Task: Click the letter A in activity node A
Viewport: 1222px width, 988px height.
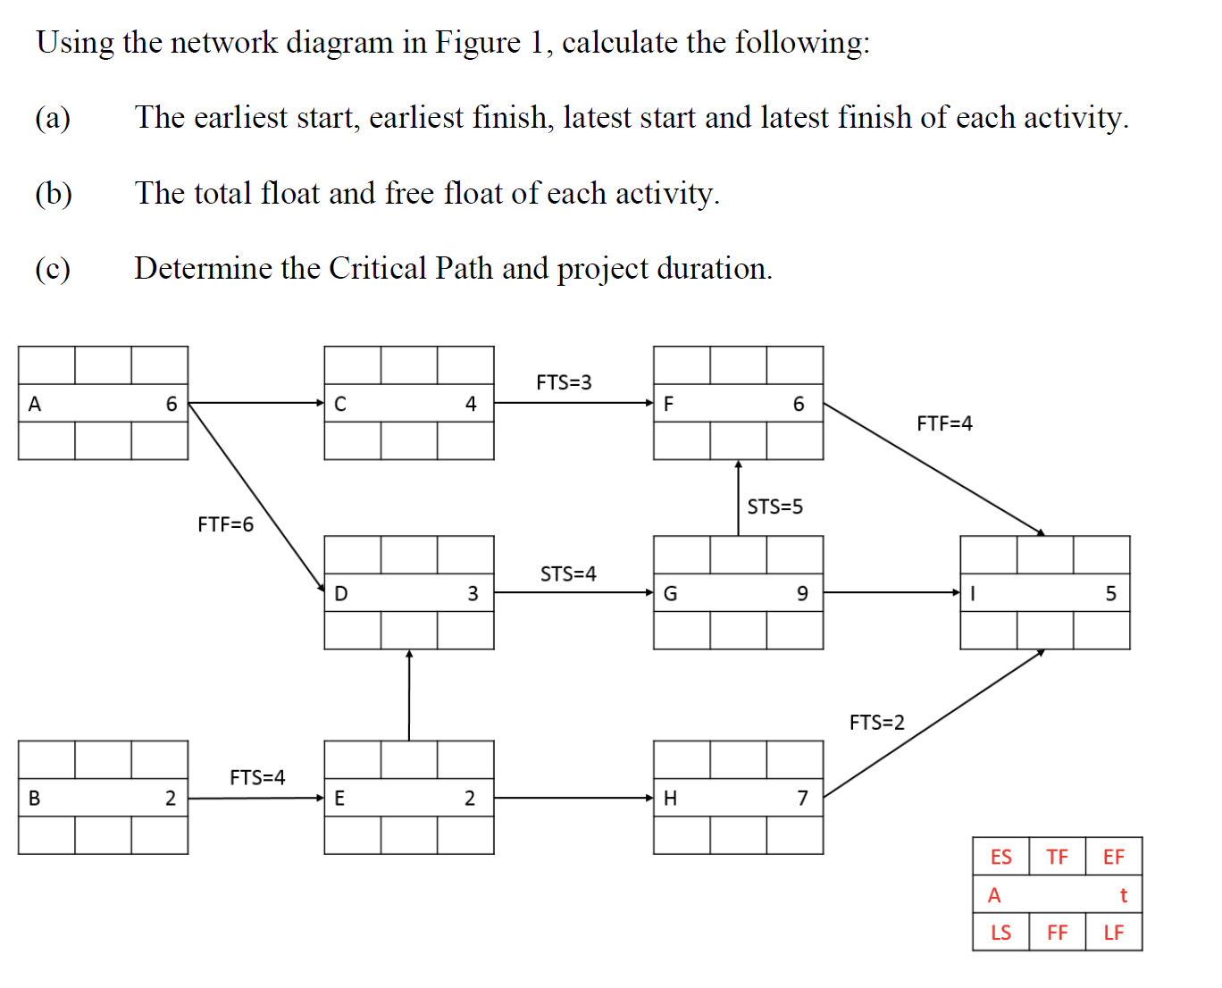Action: coord(35,404)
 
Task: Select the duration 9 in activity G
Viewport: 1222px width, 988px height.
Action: coord(801,593)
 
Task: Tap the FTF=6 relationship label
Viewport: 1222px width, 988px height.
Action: coord(225,524)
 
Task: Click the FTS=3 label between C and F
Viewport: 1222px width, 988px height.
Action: coord(564,382)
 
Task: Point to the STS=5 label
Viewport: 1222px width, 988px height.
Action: coord(774,507)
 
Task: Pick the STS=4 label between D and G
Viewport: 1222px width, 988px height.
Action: coord(568,574)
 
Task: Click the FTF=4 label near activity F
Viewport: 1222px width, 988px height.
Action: coord(944,423)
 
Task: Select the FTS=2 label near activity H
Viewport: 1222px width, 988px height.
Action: coord(876,722)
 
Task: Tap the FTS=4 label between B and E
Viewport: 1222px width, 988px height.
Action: coord(257,777)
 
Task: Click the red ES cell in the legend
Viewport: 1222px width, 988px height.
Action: coord(1000,857)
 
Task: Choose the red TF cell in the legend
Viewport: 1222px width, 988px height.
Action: coord(1057,857)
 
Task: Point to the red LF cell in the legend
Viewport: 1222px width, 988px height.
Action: coord(1113,933)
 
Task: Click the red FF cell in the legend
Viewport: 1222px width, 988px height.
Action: coord(1057,933)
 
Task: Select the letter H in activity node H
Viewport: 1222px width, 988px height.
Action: coord(670,799)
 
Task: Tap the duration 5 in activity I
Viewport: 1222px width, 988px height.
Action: coord(1110,593)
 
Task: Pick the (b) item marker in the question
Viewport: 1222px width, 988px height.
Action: coord(54,193)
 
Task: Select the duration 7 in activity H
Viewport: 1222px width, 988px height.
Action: coord(802,799)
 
